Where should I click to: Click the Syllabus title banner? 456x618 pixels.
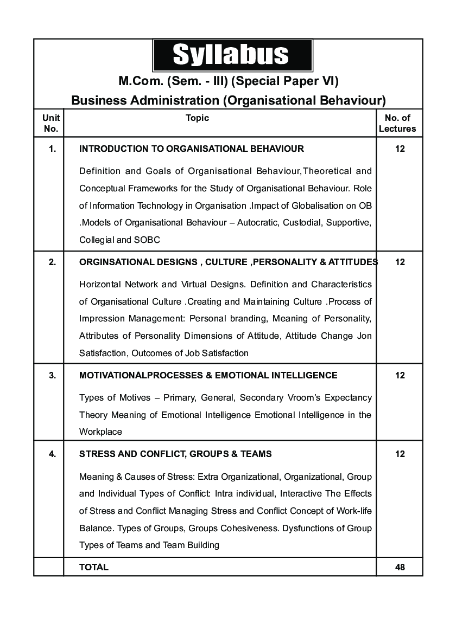point(232,55)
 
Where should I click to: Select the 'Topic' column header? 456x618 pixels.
point(197,118)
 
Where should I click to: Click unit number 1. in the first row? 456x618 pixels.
point(52,149)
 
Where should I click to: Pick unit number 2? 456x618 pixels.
point(52,262)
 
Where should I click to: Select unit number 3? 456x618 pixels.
point(52,375)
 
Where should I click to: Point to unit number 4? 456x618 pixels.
point(52,454)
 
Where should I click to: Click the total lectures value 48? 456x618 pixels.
point(400,567)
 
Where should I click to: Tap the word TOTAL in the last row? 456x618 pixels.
point(94,567)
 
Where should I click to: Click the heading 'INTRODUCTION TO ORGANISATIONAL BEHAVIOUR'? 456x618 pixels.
point(192,149)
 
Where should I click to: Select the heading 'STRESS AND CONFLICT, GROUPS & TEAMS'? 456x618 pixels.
point(175,454)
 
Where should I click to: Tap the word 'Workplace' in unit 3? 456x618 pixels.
point(100,432)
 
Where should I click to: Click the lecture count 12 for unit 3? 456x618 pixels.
point(400,375)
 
